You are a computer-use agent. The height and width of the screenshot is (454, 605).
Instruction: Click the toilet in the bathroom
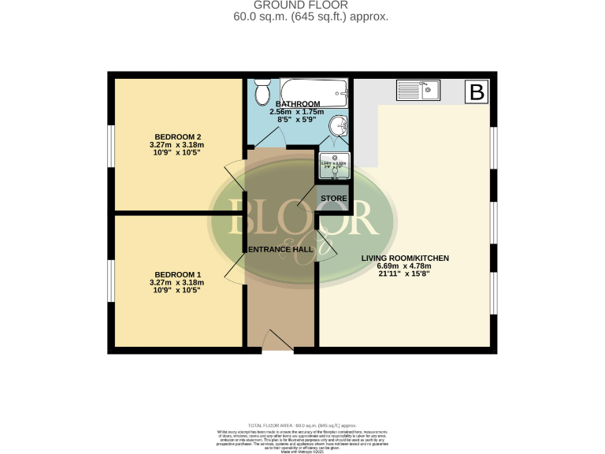(262, 93)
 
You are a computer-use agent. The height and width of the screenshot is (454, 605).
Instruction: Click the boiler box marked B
(477, 91)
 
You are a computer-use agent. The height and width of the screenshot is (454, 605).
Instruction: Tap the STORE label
(333, 197)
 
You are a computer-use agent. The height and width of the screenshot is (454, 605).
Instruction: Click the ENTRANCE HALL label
(280, 249)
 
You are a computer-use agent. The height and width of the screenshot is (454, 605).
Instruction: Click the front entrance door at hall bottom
(278, 340)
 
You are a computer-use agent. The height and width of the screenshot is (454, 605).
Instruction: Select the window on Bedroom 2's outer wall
(111, 146)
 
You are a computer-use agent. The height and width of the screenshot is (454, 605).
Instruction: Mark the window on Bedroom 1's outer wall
(111, 280)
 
